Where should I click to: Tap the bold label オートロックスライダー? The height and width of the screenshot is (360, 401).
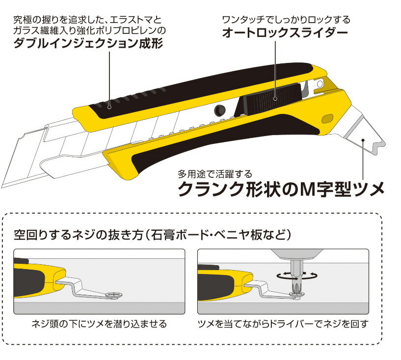[x=285, y=33]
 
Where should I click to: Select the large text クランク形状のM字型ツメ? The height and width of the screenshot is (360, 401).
[x=280, y=188]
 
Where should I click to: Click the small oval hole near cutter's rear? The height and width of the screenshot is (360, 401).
[x=327, y=118]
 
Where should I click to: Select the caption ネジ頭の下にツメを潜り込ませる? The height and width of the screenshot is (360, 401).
[x=99, y=324]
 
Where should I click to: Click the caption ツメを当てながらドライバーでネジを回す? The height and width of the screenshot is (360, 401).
[x=283, y=324]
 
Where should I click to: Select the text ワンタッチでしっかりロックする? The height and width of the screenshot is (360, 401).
[x=286, y=20]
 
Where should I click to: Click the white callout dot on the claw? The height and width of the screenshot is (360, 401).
[x=363, y=139]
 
